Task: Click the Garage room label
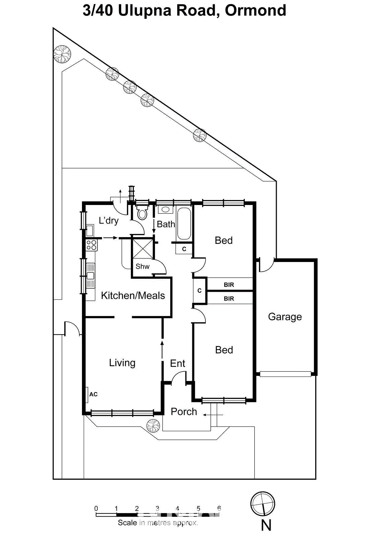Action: point(285,317)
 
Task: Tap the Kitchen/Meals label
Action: point(132,295)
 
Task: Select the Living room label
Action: point(122,362)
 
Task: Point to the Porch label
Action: point(184,412)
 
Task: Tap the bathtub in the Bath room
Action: point(184,223)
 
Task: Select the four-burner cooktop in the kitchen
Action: point(92,245)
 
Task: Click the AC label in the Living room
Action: point(93,394)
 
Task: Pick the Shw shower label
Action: point(143,266)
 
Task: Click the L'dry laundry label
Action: point(108,220)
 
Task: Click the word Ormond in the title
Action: point(256,10)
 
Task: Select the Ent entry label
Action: point(177,363)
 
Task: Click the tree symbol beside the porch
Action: point(153,426)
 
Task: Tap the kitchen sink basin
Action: point(91,276)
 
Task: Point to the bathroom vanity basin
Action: point(165,210)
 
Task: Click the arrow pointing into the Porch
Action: point(213,415)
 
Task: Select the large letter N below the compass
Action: point(266,526)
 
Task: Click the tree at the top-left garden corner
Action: point(62,54)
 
